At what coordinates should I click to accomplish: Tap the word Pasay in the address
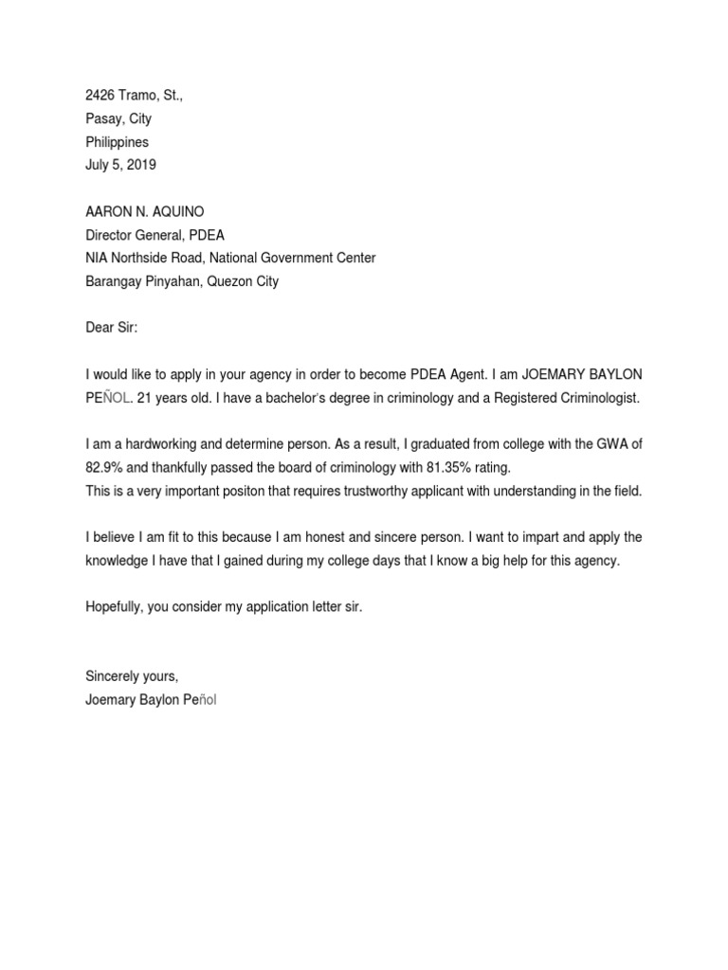[x=103, y=118]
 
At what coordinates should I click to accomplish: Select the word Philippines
[x=118, y=142]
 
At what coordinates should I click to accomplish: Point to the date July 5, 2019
[x=121, y=165]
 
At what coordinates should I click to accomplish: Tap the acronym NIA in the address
[x=98, y=258]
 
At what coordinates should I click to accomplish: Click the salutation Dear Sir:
[x=112, y=328]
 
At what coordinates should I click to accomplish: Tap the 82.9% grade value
[x=104, y=467]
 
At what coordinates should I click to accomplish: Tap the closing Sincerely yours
[x=132, y=676]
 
